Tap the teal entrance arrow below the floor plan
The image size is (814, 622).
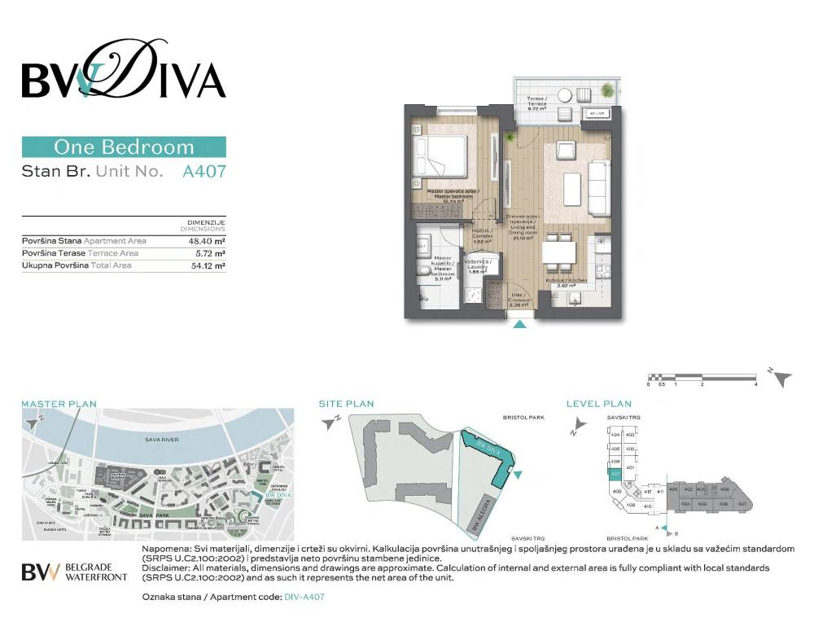coord(521,325)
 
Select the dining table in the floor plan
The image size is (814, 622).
coord(558,252)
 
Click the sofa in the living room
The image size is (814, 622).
coord(598,186)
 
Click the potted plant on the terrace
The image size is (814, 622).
coord(606,89)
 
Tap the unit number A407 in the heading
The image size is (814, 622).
coord(203,172)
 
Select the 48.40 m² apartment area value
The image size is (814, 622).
coord(207,241)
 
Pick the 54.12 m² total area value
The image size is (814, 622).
coord(207,265)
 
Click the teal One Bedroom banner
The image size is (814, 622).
coord(124,147)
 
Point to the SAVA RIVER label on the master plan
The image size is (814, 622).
coord(158,440)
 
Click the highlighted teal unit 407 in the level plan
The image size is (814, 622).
coord(615,474)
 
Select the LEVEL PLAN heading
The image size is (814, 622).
coord(599,404)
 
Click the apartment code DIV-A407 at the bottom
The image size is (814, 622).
coord(305,597)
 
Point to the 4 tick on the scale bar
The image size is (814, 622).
coord(756,383)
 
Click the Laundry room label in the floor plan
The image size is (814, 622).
coord(478,266)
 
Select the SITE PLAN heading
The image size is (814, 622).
coord(346,404)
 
